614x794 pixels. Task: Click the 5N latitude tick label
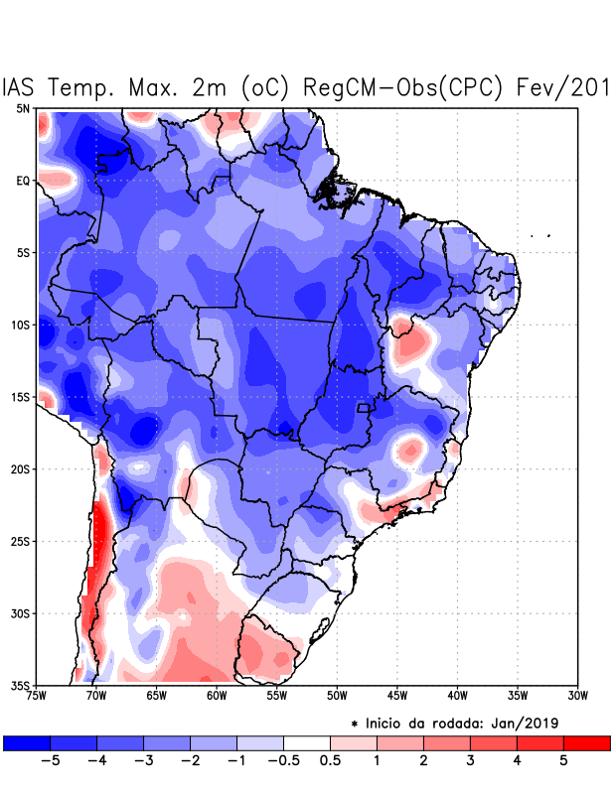pyautogui.click(x=23, y=108)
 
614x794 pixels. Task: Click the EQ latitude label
pyautogui.click(x=23, y=181)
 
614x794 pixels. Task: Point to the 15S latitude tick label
pyautogui.click(x=21, y=397)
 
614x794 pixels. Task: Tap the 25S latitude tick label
pyautogui.click(x=21, y=541)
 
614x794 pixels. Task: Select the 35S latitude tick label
pyautogui.click(x=21, y=685)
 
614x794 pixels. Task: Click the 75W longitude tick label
pyautogui.click(x=37, y=696)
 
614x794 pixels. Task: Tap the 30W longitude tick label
pyautogui.click(x=577, y=696)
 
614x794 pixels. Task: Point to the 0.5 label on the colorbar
pyautogui.click(x=330, y=760)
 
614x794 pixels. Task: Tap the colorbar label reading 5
pyautogui.click(x=563, y=760)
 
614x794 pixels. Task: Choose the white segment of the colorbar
pyautogui.click(x=307, y=742)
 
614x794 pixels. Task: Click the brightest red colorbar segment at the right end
pyautogui.click(x=586, y=742)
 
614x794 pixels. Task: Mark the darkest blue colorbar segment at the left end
pyautogui.click(x=27, y=742)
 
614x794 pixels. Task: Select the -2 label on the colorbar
pyautogui.click(x=190, y=760)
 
